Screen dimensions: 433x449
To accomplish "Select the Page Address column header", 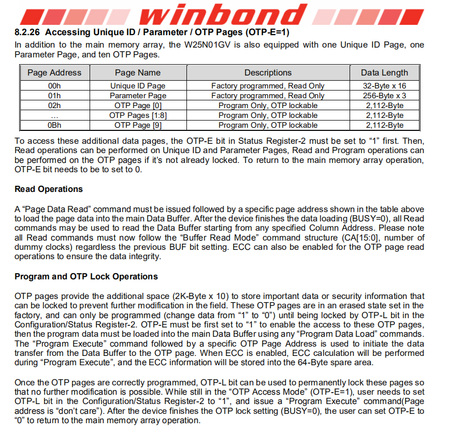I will [x=54, y=73].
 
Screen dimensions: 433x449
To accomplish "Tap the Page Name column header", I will [x=138, y=73].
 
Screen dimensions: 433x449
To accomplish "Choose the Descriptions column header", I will [x=268, y=73].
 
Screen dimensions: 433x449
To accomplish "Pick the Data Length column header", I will [x=384, y=73].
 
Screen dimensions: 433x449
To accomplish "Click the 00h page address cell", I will [x=54, y=86].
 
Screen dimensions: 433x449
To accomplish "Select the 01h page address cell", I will [x=54, y=96].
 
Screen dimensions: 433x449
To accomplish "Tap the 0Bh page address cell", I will [x=54, y=125].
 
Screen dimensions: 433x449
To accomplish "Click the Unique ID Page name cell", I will [x=138, y=86].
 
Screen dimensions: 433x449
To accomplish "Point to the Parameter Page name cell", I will [x=138, y=96].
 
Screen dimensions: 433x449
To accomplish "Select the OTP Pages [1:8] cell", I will [x=138, y=115].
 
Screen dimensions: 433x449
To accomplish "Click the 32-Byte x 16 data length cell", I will [x=384, y=86].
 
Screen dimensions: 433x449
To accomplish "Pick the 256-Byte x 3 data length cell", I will [x=384, y=96].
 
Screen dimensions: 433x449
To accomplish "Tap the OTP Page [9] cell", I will [x=138, y=125].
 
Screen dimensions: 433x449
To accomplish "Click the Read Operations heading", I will [x=49, y=189].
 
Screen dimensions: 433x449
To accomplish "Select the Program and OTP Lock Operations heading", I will [x=86, y=277].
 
